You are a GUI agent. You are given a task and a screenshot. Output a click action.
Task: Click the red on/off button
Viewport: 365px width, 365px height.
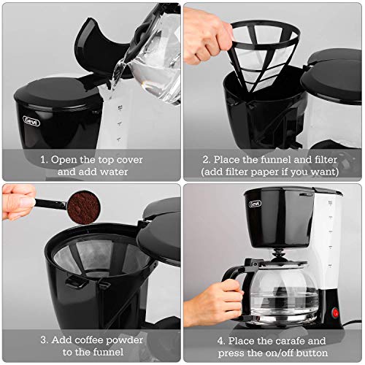click(x=337, y=314)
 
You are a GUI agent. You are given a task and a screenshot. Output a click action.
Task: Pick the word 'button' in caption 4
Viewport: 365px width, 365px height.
click(x=315, y=353)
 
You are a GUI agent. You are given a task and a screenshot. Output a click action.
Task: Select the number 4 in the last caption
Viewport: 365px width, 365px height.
click(x=220, y=340)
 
